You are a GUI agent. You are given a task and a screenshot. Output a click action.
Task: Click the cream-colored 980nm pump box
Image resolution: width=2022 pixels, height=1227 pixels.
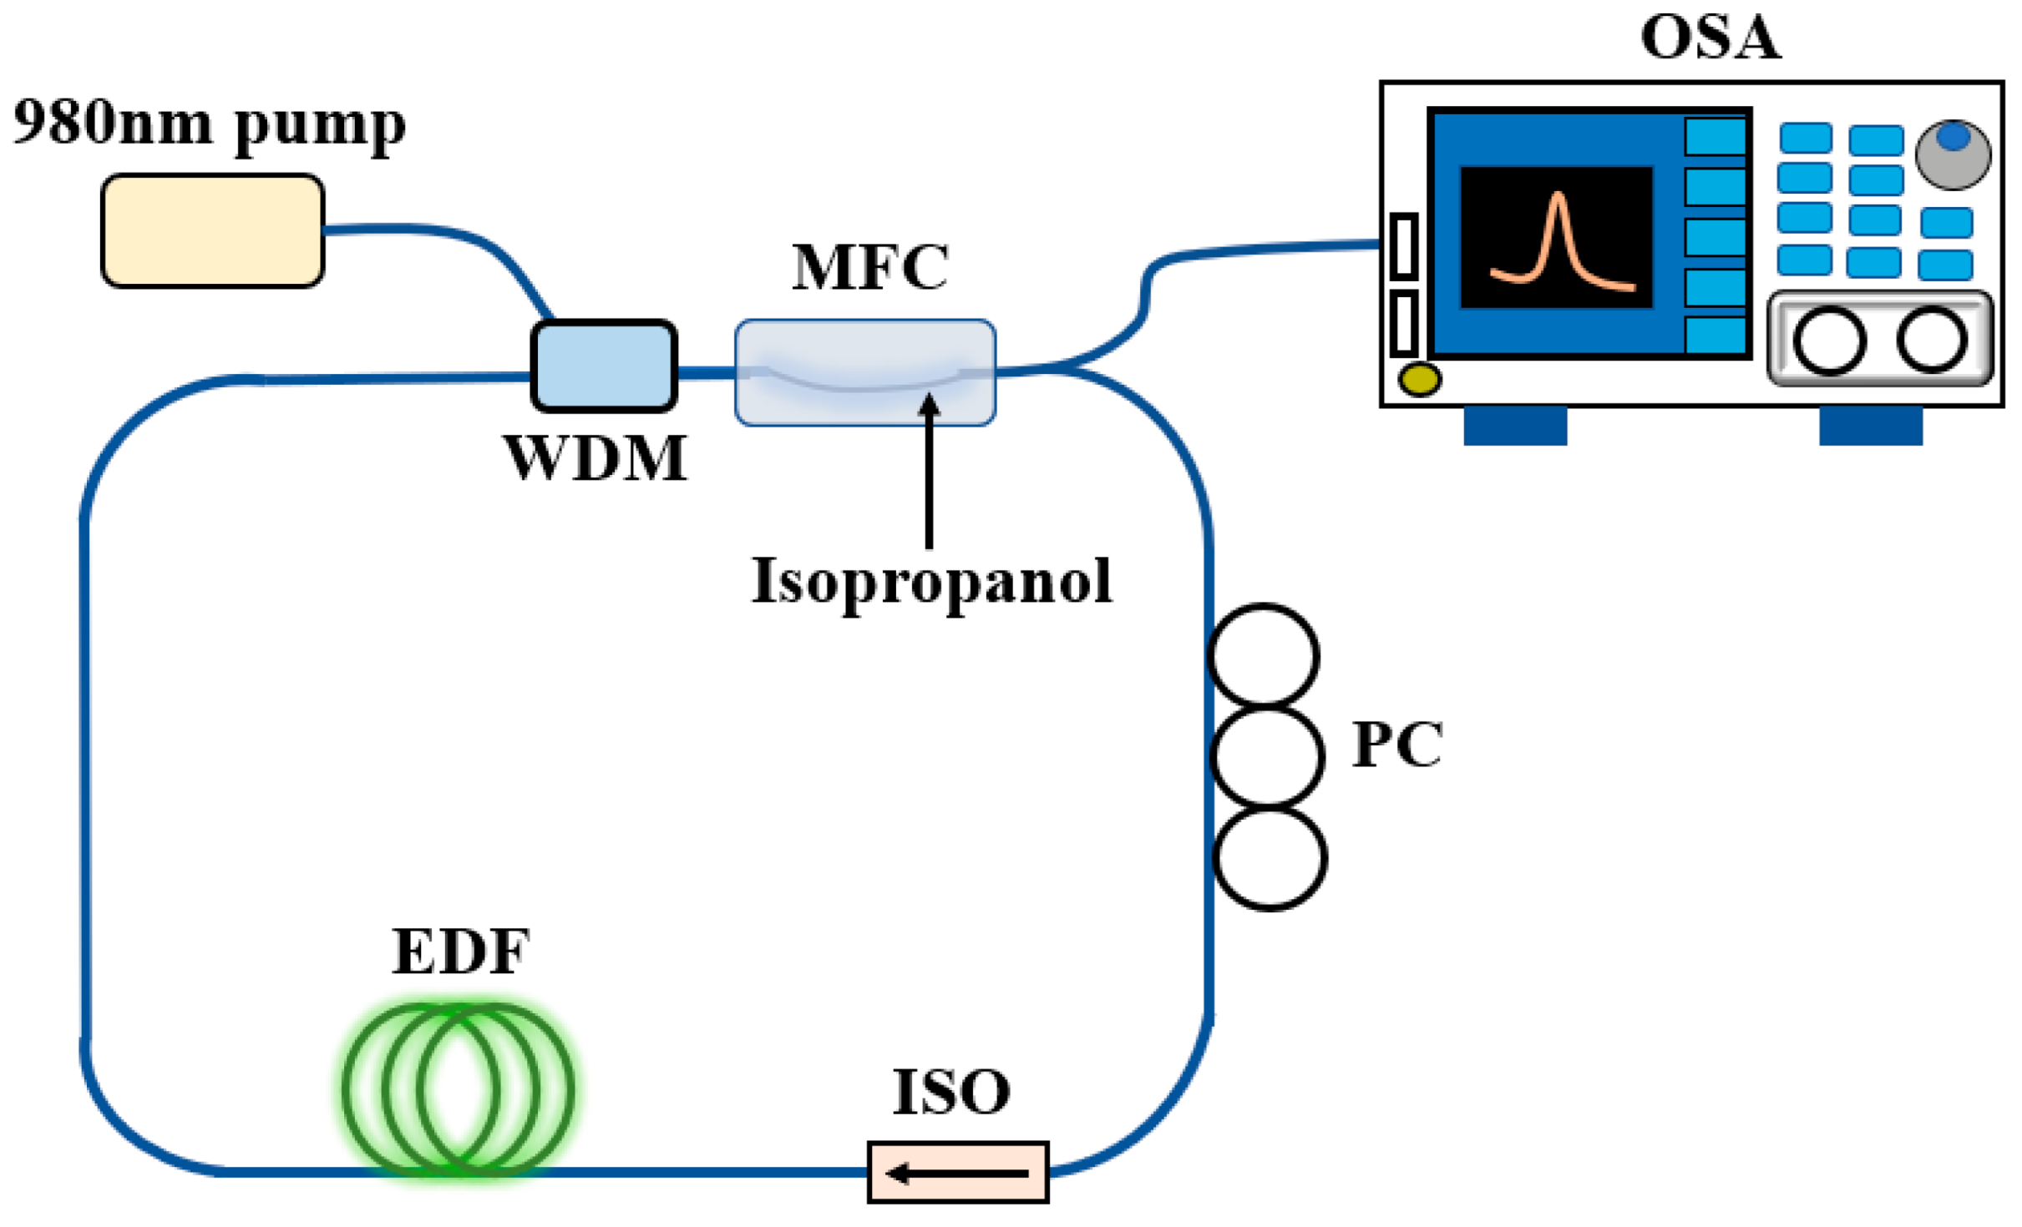click(212, 231)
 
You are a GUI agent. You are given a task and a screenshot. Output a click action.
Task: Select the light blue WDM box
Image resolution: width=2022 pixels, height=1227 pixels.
click(604, 366)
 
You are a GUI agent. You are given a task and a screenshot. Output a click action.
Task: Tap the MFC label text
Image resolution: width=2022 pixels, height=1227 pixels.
click(869, 268)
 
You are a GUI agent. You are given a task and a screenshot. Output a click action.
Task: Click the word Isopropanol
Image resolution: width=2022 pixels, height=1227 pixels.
click(931, 582)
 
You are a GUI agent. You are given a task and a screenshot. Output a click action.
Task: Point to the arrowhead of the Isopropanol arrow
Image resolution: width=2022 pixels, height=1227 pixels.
click(929, 404)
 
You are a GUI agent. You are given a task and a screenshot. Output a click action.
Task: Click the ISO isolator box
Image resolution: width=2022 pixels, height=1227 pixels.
click(958, 1173)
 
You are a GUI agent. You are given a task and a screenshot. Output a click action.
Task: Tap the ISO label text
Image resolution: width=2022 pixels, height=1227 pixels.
click(951, 1093)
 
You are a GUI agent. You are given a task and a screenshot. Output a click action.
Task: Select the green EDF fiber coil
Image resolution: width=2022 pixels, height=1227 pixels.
click(459, 1089)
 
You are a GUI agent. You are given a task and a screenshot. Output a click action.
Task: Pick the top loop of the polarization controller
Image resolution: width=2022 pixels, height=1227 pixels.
click(1263, 655)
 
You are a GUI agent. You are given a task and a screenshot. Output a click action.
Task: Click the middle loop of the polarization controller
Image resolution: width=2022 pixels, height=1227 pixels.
click(1267, 756)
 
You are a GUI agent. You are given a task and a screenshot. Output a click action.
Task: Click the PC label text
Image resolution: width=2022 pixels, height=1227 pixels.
click(1397, 745)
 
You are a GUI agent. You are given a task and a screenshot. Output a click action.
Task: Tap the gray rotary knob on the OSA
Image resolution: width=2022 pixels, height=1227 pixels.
click(1953, 154)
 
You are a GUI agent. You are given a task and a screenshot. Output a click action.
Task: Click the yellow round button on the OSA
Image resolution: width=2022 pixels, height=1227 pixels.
click(1419, 380)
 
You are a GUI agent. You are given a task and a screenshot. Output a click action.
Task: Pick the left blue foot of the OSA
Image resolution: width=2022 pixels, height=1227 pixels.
click(1514, 426)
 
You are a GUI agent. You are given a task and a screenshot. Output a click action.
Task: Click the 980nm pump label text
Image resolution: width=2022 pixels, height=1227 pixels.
click(210, 125)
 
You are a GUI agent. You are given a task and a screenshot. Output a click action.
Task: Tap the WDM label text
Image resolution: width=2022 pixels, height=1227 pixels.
click(596, 459)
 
